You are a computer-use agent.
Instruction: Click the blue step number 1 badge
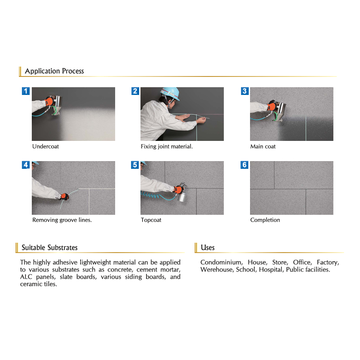(26, 91)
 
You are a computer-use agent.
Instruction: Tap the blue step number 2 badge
(135, 91)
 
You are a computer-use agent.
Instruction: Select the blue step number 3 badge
(245, 91)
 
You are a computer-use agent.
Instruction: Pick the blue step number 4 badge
(26, 165)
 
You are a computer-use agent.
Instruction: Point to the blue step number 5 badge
(135, 165)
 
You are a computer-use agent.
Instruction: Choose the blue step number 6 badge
(244, 165)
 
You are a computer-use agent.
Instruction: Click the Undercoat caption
(46, 146)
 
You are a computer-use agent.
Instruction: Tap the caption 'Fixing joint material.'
(167, 147)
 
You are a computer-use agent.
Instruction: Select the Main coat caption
(263, 146)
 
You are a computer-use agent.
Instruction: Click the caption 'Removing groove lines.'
(62, 220)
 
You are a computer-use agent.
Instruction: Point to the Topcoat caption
(151, 220)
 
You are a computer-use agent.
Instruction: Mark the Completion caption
(265, 220)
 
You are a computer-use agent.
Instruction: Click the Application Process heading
(55, 71)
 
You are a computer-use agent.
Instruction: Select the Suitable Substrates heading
(49, 247)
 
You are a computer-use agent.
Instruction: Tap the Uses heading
(207, 247)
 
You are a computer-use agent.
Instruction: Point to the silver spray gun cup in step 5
(182, 196)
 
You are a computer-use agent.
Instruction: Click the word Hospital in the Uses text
(272, 269)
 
